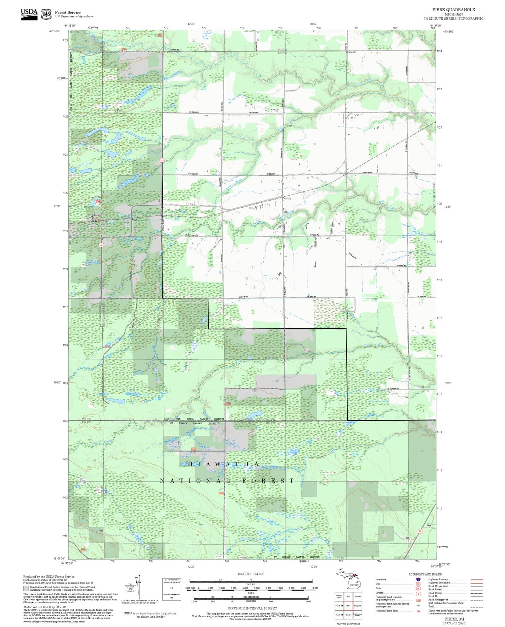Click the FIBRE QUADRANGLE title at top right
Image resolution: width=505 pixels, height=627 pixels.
(453, 10)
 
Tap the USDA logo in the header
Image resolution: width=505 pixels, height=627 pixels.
(29, 14)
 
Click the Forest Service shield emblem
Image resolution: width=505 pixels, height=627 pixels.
(46, 14)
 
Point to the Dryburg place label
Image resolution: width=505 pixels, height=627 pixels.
(287, 198)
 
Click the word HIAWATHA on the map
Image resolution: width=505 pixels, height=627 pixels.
(224, 464)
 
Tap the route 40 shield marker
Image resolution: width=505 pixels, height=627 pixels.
(101, 245)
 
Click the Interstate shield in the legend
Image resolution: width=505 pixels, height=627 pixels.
(418, 579)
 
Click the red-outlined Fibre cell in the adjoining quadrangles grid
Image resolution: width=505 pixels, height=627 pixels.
(348, 605)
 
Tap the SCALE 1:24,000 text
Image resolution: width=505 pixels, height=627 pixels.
(251, 574)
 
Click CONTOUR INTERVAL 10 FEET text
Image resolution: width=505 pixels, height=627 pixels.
(252, 608)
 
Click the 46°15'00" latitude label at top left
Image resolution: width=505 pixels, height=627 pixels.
(55, 31)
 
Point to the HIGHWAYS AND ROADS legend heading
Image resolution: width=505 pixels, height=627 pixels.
(425, 574)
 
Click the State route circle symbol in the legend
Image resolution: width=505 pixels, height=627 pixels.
(418, 589)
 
